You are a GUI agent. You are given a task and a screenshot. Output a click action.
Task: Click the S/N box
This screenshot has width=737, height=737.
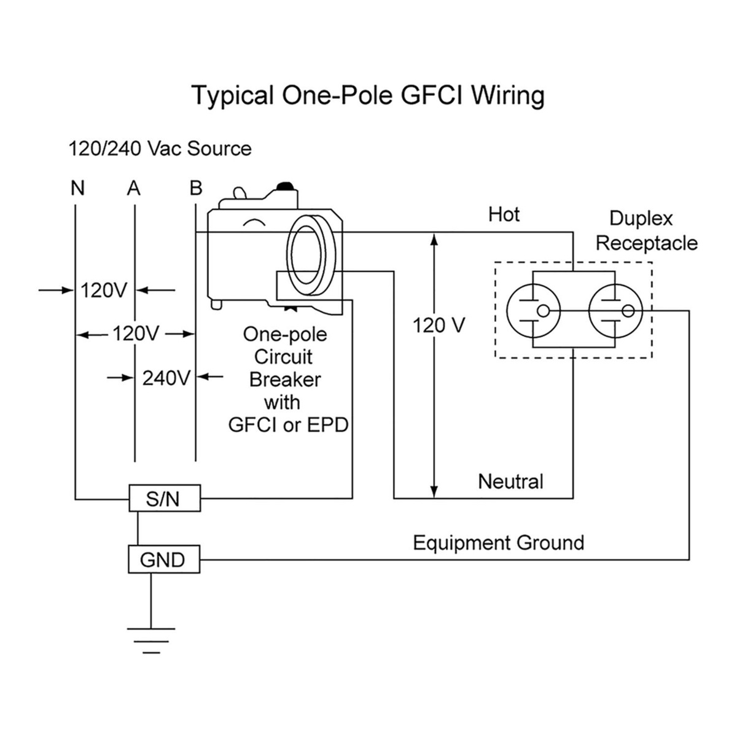tap(164, 498)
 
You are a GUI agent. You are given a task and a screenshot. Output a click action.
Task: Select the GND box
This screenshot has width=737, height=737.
tap(163, 560)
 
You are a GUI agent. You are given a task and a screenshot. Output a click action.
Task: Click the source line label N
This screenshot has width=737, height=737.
tap(77, 188)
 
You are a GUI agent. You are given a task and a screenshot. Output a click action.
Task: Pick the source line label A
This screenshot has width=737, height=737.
tap(134, 188)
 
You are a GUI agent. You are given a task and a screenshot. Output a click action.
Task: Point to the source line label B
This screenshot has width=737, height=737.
tap(196, 188)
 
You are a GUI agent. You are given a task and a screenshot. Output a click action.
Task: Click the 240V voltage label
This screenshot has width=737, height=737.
tap(166, 377)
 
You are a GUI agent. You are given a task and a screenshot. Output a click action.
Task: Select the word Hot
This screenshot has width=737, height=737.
tap(504, 214)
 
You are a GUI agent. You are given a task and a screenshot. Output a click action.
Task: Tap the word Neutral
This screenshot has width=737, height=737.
tap(511, 481)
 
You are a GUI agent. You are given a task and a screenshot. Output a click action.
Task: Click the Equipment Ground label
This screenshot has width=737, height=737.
tap(498, 543)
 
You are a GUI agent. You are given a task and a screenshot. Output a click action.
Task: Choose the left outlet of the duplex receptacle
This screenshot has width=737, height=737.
tap(532, 311)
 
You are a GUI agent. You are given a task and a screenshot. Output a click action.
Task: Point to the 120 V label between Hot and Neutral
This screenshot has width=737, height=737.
tap(439, 325)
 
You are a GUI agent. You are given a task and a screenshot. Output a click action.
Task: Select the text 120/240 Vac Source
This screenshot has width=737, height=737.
tap(160, 149)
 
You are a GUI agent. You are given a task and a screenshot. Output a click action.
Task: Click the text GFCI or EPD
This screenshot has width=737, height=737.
tap(288, 425)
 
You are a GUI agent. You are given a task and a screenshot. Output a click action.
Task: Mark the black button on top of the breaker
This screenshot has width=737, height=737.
tap(286, 186)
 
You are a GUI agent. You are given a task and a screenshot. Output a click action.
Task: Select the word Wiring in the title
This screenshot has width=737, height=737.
tap(509, 96)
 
